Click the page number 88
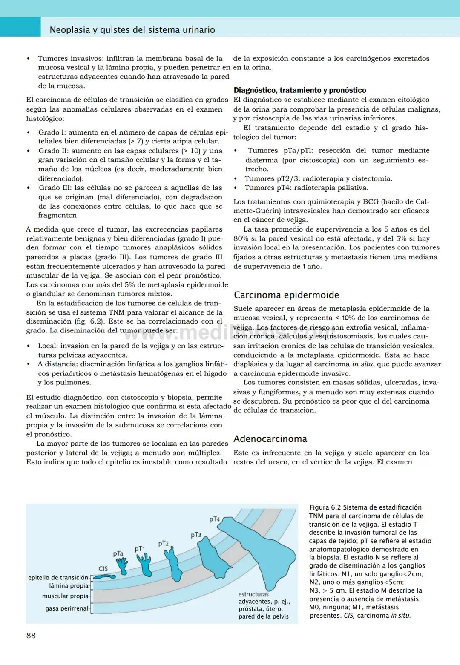click(x=31, y=636)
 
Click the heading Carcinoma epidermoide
click(x=287, y=295)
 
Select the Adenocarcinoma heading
click(x=270, y=439)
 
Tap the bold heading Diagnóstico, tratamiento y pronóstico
click(x=300, y=90)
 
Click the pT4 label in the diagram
click(x=214, y=519)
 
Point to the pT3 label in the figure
click(x=196, y=535)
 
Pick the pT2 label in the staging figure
click(x=164, y=544)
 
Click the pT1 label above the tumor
click(x=140, y=549)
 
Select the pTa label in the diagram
click(x=118, y=554)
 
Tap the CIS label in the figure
click(x=103, y=569)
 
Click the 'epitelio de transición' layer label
click(x=58, y=578)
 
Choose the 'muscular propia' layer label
click(x=65, y=596)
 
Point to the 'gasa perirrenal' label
click(x=66, y=608)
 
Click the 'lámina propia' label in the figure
click(x=69, y=586)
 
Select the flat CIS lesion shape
click(x=102, y=577)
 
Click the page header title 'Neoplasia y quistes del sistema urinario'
click(x=132, y=30)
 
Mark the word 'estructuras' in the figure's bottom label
click(x=253, y=594)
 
